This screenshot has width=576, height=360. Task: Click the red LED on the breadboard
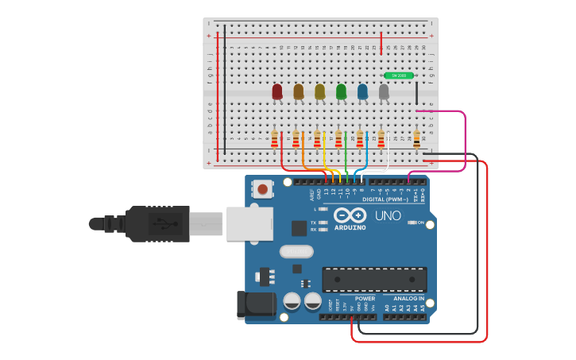(277, 92)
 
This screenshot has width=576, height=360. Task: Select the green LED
(341, 92)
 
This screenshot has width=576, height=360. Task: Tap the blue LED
(362, 92)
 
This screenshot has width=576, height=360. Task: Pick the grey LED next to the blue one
(384, 92)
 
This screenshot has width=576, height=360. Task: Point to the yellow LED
(319, 92)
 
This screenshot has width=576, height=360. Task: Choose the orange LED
(299, 92)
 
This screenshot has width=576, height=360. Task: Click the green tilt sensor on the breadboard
(398, 75)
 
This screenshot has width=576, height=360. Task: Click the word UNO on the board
(388, 215)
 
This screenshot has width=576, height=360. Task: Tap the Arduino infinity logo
(350, 215)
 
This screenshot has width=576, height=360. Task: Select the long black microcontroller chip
(373, 279)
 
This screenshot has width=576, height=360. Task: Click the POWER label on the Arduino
(365, 299)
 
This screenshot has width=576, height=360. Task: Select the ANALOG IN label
(408, 299)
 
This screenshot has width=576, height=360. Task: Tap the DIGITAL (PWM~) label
(385, 199)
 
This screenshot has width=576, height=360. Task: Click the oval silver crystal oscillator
(296, 251)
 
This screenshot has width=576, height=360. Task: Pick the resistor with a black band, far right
(416, 140)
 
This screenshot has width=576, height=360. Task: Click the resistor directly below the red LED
(275, 140)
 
